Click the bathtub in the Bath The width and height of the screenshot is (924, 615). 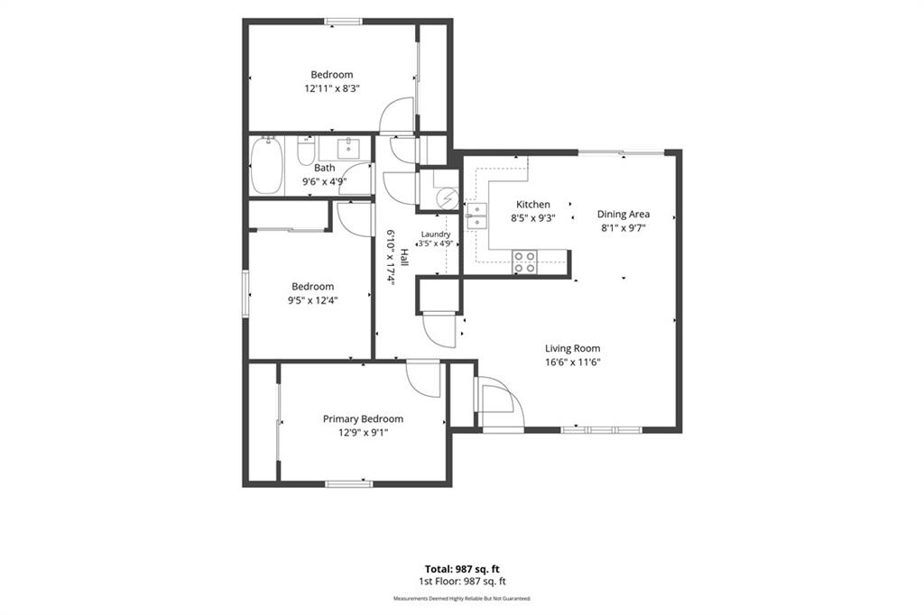pos(266,166)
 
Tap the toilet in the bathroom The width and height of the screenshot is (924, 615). pos(306,151)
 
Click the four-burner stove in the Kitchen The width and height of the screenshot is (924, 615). pos(524,262)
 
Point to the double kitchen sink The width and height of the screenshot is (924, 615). pos(476,216)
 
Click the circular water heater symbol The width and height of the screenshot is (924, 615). pos(448,197)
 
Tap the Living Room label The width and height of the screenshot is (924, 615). pos(572,348)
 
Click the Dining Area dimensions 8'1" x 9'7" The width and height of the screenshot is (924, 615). pos(624,228)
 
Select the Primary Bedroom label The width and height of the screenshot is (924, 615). pos(363,418)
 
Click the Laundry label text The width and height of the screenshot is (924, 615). pos(436,234)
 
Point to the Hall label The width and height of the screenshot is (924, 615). pos(404,256)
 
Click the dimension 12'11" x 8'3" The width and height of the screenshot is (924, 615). pos(332,88)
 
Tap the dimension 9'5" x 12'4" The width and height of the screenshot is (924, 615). pos(313,300)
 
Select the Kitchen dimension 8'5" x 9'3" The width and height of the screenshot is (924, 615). pos(532,218)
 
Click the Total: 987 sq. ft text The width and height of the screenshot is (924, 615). pos(462,569)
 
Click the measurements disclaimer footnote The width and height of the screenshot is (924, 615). pos(462,599)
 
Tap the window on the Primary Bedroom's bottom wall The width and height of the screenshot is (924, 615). pos(349,484)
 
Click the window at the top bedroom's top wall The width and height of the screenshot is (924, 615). pos(344,22)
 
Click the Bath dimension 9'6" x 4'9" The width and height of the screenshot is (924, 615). pos(324,181)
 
